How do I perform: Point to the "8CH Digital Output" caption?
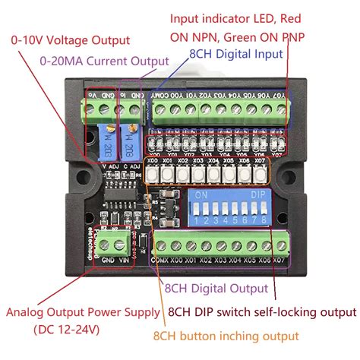[217, 289]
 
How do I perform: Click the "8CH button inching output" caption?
[226, 335]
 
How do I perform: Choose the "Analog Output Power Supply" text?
[84, 312]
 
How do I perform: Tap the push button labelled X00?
[152, 174]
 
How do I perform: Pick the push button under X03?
[197, 174]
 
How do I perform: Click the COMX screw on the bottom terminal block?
[161, 247]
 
